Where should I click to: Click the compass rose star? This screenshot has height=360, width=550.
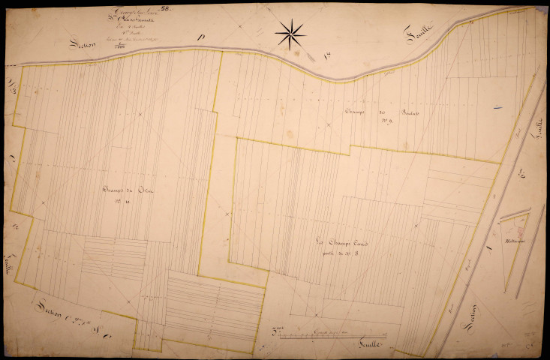click(290, 33)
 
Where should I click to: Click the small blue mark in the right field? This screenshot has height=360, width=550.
click(497, 108)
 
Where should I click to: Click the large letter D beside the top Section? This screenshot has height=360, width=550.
click(200, 37)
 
